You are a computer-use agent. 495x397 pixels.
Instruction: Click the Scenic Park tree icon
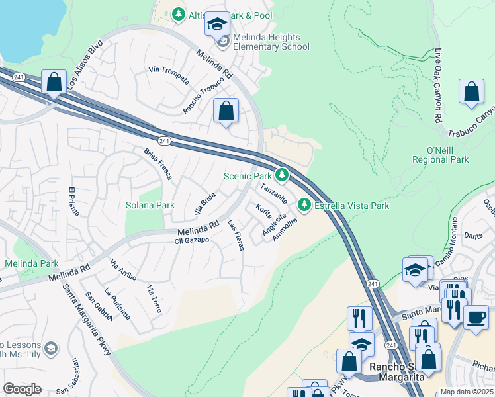tap(282, 175)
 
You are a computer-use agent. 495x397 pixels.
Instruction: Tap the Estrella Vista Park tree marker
tap(304, 205)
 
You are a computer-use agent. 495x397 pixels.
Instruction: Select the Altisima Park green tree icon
tap(178, 14)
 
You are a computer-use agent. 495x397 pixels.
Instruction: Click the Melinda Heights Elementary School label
tap(266, 42)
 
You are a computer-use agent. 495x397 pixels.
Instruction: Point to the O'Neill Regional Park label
tap(440, 155)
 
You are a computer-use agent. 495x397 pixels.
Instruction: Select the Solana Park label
tap(150, 205)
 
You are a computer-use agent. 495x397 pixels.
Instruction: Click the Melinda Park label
tap(32, 263)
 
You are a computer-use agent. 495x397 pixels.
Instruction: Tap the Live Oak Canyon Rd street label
tap(437, 86)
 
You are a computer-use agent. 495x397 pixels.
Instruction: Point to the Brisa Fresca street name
tap(158, 163)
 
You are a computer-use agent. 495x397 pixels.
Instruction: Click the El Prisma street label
tap(73, 206)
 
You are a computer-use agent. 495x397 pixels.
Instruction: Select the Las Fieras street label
tap(236, 235)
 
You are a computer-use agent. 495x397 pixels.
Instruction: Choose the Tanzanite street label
tap(273, 193)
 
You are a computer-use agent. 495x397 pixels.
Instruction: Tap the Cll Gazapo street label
tap(192, 240)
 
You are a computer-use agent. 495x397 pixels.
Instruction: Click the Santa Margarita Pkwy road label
tap(86, 320)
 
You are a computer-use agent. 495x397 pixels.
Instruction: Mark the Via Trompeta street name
tap(169, 77)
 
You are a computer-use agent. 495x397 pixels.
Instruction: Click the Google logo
tap(22, 389)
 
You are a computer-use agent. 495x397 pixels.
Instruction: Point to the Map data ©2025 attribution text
tap(467, 392)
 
